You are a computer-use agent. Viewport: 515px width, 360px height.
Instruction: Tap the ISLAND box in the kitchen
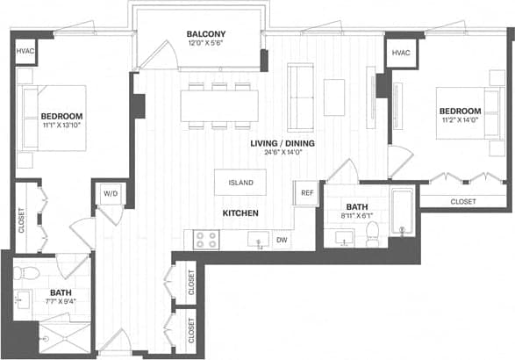point(241,183)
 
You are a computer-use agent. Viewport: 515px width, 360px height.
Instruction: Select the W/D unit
point(111,193)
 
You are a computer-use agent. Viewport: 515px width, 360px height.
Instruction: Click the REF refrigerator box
point(307,193)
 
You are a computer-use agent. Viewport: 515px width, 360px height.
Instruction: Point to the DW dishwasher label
point(282,240)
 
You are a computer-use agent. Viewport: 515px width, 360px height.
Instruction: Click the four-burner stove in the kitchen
point(206,238)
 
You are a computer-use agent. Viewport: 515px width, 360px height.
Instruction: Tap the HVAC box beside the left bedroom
point(25,53)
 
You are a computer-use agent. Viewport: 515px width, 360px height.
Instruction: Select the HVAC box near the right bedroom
point(401,53)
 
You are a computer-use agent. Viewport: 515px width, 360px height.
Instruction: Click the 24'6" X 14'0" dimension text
point(282,152)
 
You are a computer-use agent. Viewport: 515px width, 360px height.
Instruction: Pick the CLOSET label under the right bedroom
point(463,201)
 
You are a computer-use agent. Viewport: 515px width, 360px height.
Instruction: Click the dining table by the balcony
point(219,106)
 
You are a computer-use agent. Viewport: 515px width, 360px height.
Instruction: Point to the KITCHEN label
point(239,213)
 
